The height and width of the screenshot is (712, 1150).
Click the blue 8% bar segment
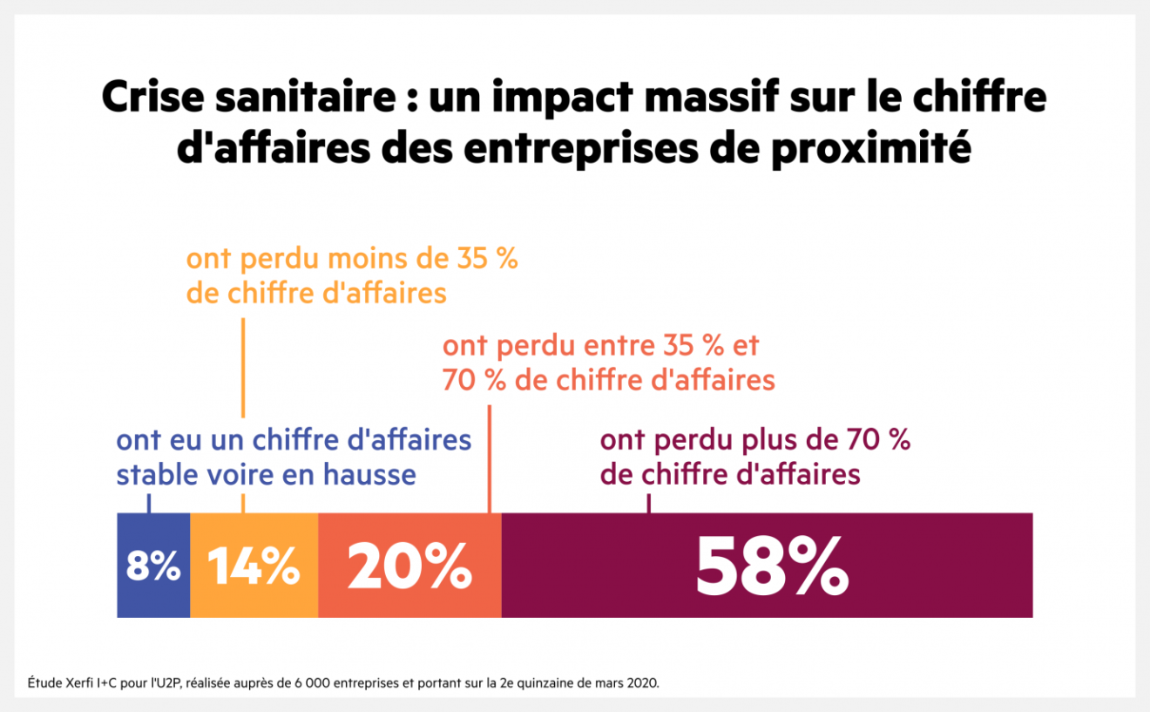click(x=153, y=566)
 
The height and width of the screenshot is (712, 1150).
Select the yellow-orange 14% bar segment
click(x=254, y=566)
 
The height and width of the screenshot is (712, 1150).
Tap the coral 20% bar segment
click(x=409, y=566)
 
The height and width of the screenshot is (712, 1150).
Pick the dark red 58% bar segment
click(x=767, y=566)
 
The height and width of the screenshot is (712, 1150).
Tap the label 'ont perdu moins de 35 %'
click(x=352, y=260)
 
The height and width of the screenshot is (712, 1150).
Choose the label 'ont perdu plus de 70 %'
click(x=754, y=440)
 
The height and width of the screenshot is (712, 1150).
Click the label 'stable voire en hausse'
click(x=266, y=475)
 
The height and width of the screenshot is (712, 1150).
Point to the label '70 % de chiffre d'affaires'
click(x=608, y=381)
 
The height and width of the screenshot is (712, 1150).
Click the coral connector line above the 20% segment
click(x=490, y=458)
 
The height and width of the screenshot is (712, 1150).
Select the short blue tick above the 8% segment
click(x=150, y=503)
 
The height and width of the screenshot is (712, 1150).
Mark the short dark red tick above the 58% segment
click(x=649, y=503)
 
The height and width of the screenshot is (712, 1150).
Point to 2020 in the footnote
click(x=645, y=682)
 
